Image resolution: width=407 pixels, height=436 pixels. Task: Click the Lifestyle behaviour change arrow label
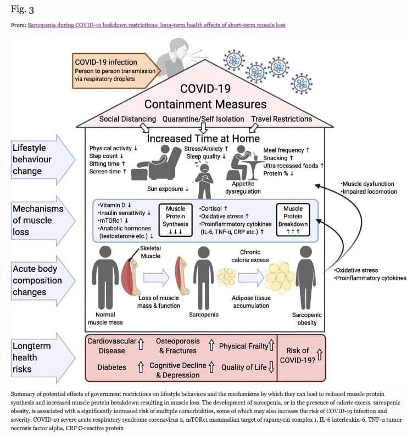(x=33, y=160)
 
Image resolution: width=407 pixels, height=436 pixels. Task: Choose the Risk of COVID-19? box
(x=301, y=357)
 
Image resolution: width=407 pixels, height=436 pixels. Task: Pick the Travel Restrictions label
(x=281, y=119)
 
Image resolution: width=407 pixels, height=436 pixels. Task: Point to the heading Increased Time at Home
(x=203, y=138)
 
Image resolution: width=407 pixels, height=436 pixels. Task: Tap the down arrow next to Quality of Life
(x=271, y=367)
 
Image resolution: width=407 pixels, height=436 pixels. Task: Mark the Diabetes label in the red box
(x=112, y=367)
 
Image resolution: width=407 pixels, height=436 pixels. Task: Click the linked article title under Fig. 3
(x=156, y=25)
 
